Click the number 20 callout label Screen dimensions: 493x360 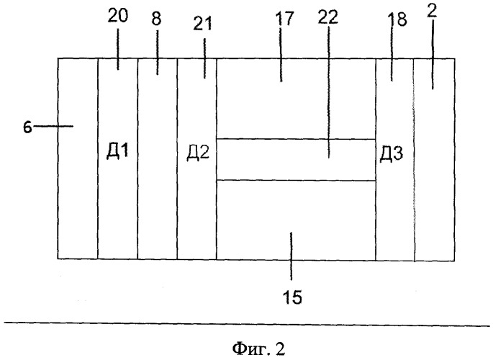(118, 16)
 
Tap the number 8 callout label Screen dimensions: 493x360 (156, 19)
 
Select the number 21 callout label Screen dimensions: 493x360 (202, 24)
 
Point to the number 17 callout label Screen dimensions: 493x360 (284, 19)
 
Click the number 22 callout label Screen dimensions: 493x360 (327, 17)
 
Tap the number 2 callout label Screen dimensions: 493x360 (432, 12)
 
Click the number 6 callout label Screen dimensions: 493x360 (27, 127)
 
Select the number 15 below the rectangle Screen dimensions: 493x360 (292, 297)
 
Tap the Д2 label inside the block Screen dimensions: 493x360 (198, 153)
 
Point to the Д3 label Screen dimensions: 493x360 (391, 154)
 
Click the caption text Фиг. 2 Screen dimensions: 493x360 (258, 348)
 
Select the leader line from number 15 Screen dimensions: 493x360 (291, 256)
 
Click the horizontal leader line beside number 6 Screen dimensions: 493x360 (53, 126)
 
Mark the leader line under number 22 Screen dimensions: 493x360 (329, 91)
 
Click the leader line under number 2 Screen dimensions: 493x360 (433, 55)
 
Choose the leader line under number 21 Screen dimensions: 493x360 (204, 58)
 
